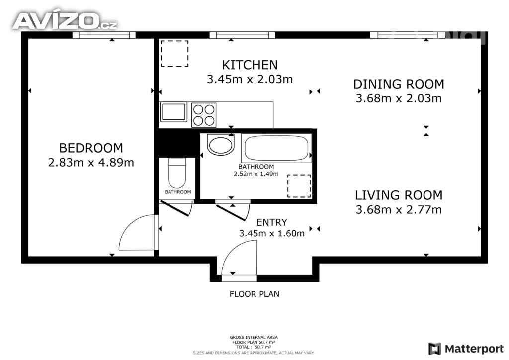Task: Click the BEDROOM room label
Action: pos(91,148)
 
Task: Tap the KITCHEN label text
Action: pos(250,65)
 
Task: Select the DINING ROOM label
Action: pos(399,84)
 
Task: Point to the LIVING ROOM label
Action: pos(399,195)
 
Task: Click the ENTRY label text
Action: pos(271,222)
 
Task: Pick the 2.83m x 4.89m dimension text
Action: pos(91,162)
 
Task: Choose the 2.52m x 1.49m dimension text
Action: pos(256,174)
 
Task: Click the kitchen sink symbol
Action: pos(173,112)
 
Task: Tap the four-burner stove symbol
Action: pos(204,115)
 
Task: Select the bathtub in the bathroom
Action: pos(277,148)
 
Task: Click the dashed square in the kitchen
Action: pos(174,54)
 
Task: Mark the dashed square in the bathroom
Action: pos(299,186)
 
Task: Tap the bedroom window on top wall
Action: pos(104,35)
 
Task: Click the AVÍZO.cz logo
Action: pos(65,21)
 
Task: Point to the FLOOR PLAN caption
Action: pos(254,294)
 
